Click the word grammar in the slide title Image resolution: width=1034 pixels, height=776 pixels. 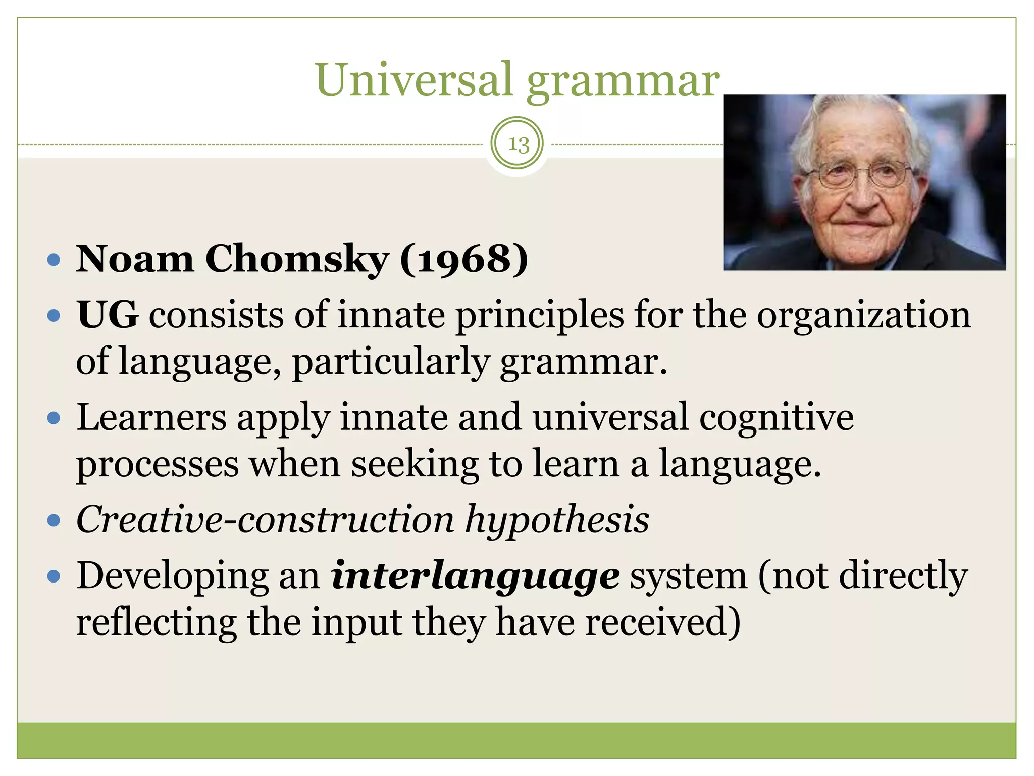[623, 82]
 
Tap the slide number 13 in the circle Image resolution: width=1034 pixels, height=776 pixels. [518, 144]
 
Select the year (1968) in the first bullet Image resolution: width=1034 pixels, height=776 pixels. [464, 259]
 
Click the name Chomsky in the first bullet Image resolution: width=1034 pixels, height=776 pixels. [296, 259]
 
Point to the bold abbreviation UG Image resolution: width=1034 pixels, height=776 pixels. [108, 315]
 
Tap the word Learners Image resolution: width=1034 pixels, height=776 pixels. [151, 418]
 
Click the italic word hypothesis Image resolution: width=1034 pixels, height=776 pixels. [557, 520]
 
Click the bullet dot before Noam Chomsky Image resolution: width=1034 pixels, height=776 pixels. [54, 261]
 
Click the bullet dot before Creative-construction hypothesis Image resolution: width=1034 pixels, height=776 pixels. [54, 521]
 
